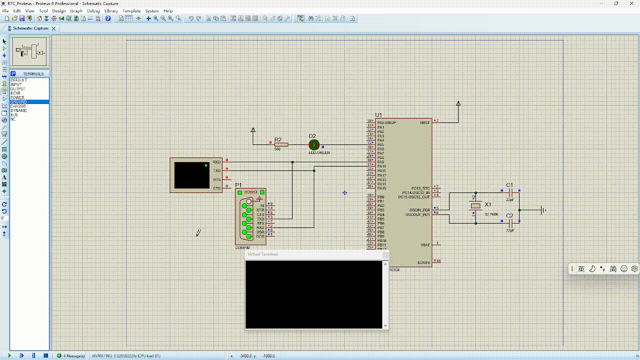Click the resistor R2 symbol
[281, 144]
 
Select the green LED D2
[314, 144]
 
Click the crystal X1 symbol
[476, 205]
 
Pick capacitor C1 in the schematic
[510, 191]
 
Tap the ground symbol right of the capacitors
[543, 210]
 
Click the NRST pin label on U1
[424, 122]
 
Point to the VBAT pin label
[425, 245]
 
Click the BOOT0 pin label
[423, 262]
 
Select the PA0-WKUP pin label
[386, 122]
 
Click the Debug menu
[93, 10]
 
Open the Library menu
[111, 10]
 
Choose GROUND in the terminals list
[19, 102]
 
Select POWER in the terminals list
[17, 97]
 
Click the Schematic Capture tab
[30, 28]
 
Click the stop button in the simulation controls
[45, 355]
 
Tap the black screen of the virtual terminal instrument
[192, 175]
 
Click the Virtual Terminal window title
[263, 254]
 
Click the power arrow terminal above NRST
[458, 104]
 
